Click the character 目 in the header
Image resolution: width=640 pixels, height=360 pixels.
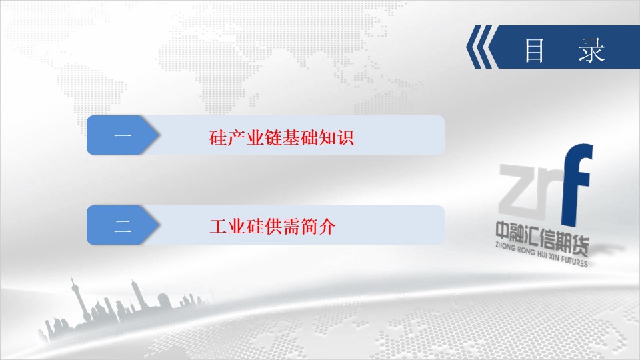click(x=534, y=51)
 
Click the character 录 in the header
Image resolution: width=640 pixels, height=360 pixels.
click(x=591, y=51)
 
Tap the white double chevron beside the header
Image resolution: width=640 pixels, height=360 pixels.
click(x=482, y=47)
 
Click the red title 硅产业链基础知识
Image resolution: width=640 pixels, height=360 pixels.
click(x=281, y=137)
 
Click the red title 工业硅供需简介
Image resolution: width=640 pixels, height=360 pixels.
click(x=272, y=227)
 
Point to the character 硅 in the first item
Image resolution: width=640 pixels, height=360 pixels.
click(x=218, y=137)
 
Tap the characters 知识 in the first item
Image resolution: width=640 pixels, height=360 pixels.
click(x=336, y=137)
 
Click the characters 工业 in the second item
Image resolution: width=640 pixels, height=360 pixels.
click(x=227, y=227)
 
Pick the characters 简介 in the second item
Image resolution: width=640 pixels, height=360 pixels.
click(x=318, y=227)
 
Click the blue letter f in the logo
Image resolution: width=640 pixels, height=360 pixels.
click(x=577, y=185)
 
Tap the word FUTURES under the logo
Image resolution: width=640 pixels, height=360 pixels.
click(x=574, y=260)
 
